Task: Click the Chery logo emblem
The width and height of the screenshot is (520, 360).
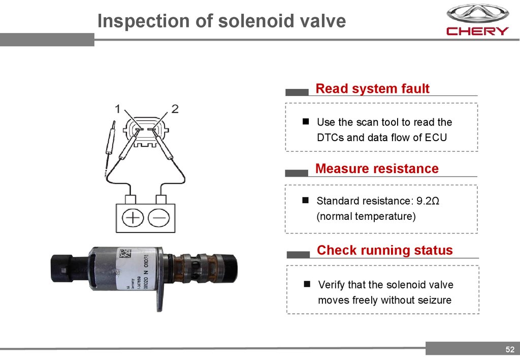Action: pyautogui.click(x=477, y=13)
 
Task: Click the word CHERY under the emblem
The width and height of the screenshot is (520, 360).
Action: pyautogui.click(x=477, y=31)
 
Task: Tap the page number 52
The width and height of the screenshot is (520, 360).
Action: pyautogui.click(x=510, y=349)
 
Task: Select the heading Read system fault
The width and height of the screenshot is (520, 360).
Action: pyautogui.click(x=372, y=89)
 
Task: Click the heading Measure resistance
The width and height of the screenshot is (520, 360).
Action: pyautogui.click(x=377, y=169)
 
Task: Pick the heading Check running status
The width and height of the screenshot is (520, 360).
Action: pyautogui.click(x=384, y=250)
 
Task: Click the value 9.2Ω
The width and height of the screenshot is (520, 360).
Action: pyautogui.click(x=429, y=201)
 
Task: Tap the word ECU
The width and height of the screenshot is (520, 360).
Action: pyautogui.click(x=436, y=138)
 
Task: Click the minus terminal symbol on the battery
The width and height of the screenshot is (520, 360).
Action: pyautogui.click(x=159, y=218)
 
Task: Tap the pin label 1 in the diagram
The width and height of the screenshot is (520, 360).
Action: pyautogui.click(x=117, y=108)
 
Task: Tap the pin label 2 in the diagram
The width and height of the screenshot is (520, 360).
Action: pyautogui.click(x=175, y=108)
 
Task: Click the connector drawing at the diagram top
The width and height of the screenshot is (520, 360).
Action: pyautogui.click(x=146, y=133)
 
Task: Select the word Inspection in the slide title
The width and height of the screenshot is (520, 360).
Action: pyautogui.click(x=138, y=21)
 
